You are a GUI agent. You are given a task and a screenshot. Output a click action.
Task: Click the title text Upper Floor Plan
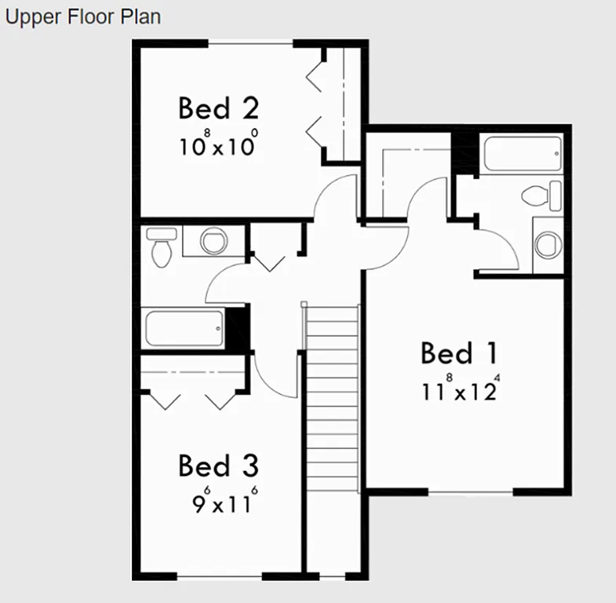pos(82,16)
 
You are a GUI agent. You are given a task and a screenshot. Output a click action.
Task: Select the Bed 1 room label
pos(459,353)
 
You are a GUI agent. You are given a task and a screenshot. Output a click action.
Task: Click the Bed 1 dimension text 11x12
pos(460,390)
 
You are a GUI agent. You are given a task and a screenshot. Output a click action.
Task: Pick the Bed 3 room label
pos(217,466)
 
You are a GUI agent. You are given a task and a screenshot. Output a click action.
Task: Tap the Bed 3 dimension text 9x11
pos(224,502)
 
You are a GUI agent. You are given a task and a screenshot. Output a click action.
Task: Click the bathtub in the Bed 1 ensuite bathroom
pos(523,154)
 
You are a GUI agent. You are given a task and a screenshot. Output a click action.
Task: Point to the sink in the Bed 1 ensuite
pos(548,244)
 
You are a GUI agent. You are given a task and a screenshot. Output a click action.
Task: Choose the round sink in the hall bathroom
pos(213,240)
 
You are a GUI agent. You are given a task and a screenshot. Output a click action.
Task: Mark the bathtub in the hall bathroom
pos(185,329)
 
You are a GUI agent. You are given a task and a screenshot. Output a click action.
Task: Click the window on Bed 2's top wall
pos(250,44)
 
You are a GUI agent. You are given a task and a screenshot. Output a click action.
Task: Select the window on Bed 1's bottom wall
pos(470,492)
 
